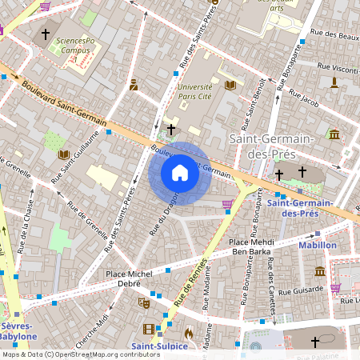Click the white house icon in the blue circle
[179, 173]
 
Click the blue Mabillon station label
[318, 246]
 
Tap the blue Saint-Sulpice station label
[160, 346]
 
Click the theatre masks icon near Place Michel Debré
[144, 303]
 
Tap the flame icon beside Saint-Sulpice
[188, 333]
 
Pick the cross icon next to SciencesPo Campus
[46, 34]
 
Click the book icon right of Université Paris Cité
[230, 85]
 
